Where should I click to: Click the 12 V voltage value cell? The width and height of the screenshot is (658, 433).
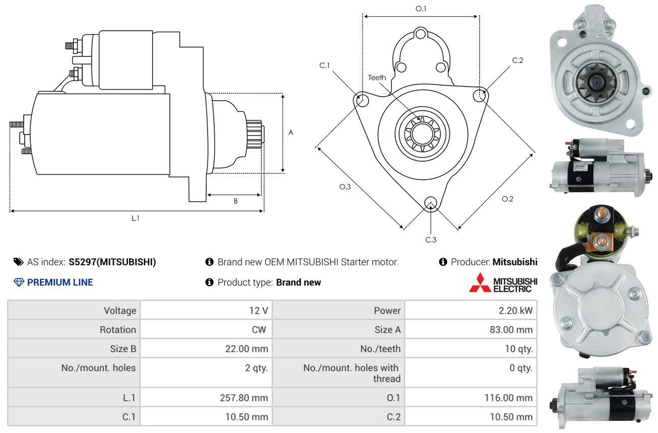[258, 311]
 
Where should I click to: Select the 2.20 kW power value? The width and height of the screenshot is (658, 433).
[515, 311]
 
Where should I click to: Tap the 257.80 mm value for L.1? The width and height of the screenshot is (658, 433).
[244, 398]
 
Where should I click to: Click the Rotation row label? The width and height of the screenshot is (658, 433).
[117, 330]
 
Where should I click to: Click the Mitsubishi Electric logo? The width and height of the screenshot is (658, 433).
[503, 282]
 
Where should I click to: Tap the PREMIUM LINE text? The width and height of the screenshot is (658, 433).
[59, 282]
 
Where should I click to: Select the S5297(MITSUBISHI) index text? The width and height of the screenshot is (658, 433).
[112, 262]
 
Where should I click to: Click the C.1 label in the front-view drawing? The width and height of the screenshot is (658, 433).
[324, 65]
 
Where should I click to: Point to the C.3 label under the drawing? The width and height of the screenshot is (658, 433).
[431, 240]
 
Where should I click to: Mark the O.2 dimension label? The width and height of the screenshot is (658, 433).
[507, 199]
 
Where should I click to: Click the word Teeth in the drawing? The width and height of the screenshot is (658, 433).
[377, 78]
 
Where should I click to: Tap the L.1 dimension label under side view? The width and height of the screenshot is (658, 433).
[135, 218]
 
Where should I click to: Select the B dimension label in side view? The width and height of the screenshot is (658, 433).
[235, 201]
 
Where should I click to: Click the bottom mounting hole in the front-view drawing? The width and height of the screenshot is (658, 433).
[430, 203]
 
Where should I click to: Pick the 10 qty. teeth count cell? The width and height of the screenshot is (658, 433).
[518, 349]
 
